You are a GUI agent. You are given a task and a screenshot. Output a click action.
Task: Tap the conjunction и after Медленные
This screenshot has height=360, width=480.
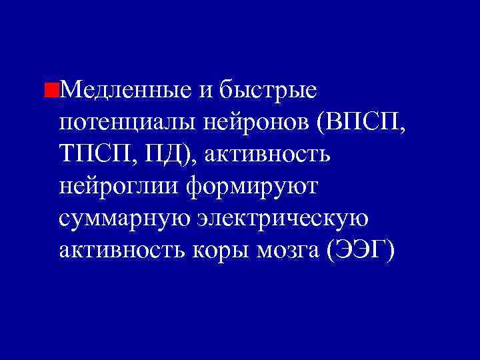(x=205, y=89)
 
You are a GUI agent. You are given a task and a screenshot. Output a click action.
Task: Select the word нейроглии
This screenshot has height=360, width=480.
(x=120, y=187)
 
